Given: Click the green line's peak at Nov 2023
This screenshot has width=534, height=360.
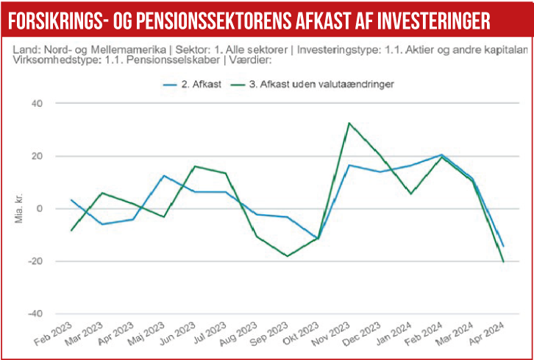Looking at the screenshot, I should click(x=349, y=123).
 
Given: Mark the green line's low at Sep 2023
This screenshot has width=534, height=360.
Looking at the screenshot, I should click(x=287, y=256).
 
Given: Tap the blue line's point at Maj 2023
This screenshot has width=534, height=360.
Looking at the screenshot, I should click(x=164, y=176).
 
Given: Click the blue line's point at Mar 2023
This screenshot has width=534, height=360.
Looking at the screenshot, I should click(x=102, y=224).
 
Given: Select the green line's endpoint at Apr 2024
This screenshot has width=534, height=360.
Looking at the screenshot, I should click(x=503, y=261).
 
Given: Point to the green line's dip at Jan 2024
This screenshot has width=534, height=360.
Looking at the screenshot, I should click(x=410, y=194).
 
